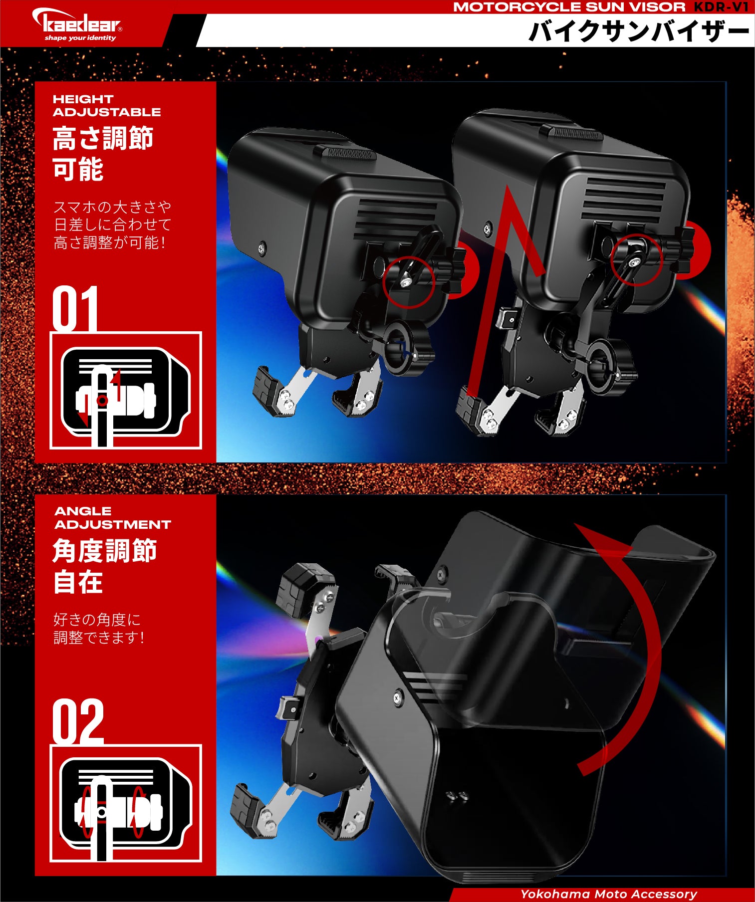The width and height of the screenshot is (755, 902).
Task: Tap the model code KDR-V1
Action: click(x=721, y=7)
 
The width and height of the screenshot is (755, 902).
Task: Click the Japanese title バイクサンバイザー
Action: click(x=638, y=31)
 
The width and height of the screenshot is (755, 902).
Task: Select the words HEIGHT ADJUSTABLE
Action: click(x=107, y=105)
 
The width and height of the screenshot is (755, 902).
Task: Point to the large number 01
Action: click(x=75, y=308)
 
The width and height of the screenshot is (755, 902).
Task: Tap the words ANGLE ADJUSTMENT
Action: click(x=113, y=518)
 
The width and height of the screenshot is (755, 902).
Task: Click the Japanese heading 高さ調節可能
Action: click(x=103, y=153)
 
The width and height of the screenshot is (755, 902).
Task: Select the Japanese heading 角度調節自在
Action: click(x=105, y=566)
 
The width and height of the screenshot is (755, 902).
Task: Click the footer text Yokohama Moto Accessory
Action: click(x=609, y=894)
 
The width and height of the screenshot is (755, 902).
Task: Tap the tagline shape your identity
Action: click(x=80, y=38)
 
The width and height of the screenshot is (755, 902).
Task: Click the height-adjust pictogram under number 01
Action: click(x=126, y=391)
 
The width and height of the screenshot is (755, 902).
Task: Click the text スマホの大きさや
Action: click(x=112, y=207)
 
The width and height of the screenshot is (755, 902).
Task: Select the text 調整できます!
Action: click(x=99, y=637)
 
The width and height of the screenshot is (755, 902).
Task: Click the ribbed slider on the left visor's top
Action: click(x=344, y=153)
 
